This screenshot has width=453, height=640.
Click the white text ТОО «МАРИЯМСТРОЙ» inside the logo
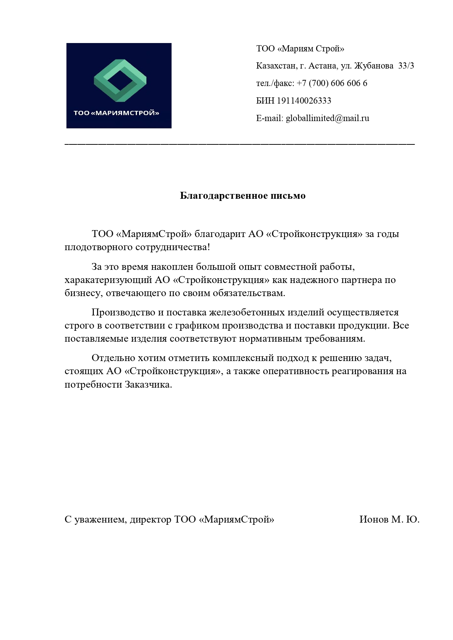point(116,113)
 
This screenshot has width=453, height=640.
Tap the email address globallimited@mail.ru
point(327,118)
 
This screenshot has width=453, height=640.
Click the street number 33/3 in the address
point(406,66)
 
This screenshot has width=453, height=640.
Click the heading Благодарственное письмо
point(243,196)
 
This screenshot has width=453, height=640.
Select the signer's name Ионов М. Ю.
point(389,519)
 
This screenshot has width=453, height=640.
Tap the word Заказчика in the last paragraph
point(148,384)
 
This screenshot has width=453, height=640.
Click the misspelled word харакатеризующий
point(108,280)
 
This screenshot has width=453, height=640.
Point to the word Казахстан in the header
point(275,66)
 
